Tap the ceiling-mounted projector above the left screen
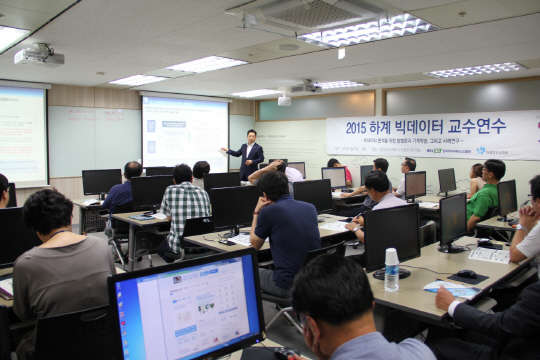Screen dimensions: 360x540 pyautogui.click(x=39, y=54)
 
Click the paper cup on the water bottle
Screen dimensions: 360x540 pyautogui.click(x=391, y=255)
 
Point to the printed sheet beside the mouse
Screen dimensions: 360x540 pyautogui.click(x=489, y=255)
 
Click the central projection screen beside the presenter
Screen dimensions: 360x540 pyautogui.click(x=184, y=132)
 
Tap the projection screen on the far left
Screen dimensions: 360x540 pyautogui.click(x=22, y=134)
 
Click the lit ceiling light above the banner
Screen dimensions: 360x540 pyautogui.click(x=364, y=29)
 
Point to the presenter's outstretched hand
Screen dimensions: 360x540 pyautogui.click(x=224, y=151)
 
